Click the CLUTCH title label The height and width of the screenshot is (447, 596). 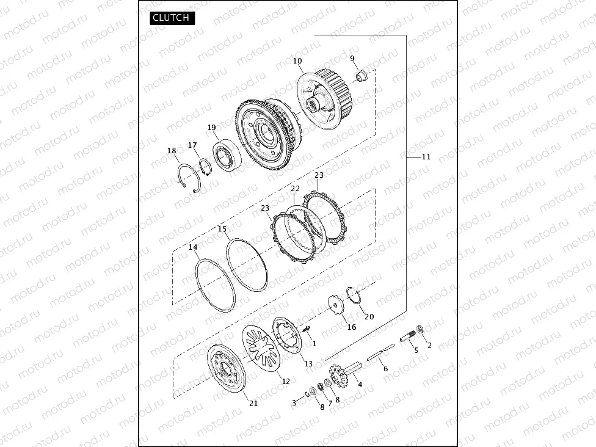(171, 18)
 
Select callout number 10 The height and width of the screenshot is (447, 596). (297, 61)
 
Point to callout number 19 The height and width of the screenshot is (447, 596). (212, 128)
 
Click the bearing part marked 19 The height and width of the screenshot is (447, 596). (227, 155)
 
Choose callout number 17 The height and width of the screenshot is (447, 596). (192, 145)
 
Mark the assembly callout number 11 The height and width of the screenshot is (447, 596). (426, 157)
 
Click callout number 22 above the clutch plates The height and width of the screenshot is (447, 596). (295, 189)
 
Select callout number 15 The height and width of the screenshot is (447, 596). (222, 229)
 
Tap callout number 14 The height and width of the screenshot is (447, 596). (193, 247)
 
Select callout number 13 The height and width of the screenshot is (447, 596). (308, 363)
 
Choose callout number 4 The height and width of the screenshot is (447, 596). (360, 384)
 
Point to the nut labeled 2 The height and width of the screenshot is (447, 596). (420, 332)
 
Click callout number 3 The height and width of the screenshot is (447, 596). (294, 402)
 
